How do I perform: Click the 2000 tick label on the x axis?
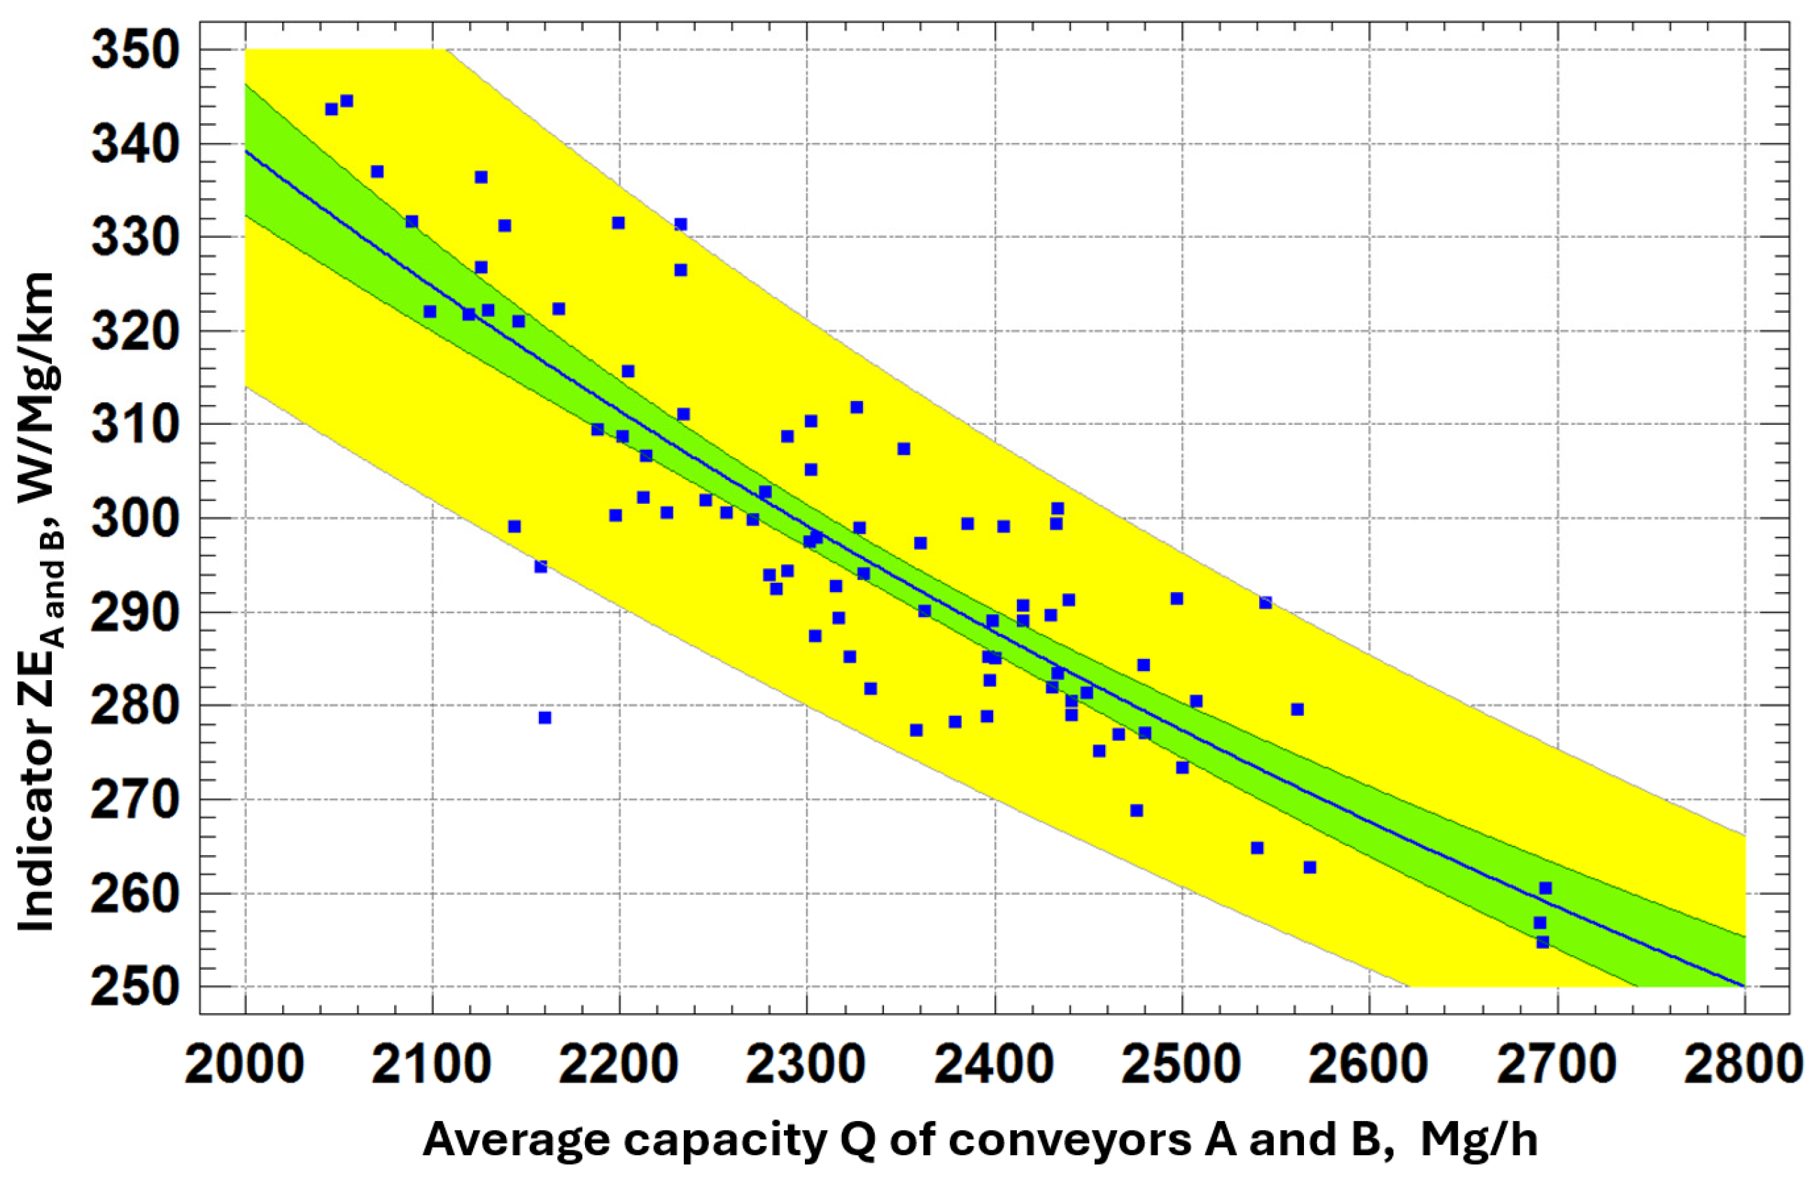pos(244,1064)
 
